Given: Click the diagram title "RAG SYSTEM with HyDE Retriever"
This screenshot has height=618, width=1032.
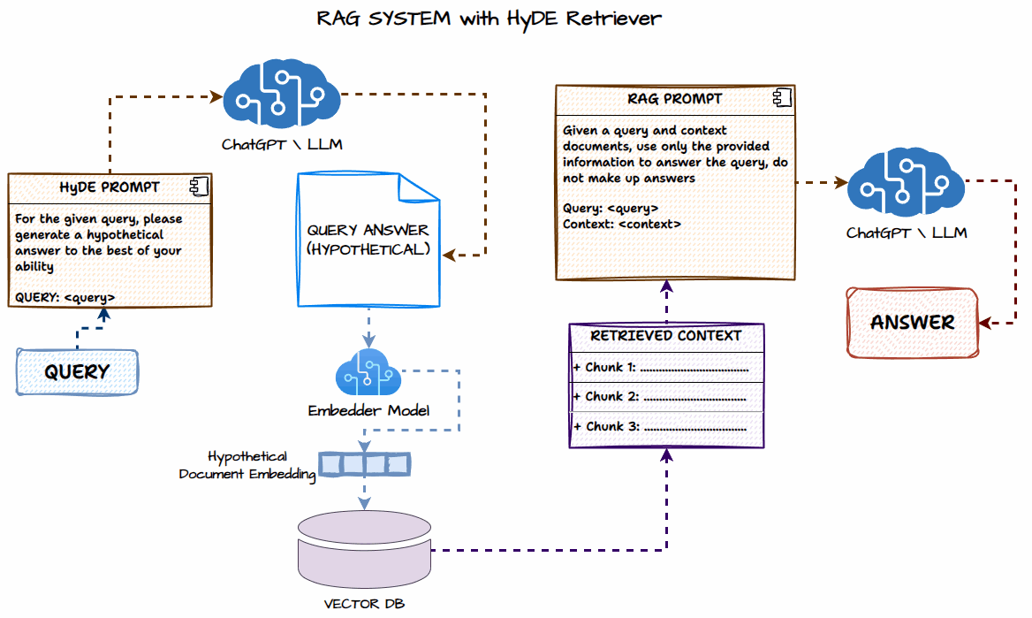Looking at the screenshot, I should click(489, 19).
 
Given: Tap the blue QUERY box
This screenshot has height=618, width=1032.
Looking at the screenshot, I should click(78, 372).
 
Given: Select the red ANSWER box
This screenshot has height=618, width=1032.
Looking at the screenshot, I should click(913, 323).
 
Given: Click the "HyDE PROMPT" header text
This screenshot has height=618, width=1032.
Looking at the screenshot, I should click(110, 187).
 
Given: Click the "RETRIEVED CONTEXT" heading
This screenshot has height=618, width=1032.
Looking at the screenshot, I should click(666, 336).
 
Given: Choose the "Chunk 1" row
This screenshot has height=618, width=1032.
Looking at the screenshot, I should click(666, 368).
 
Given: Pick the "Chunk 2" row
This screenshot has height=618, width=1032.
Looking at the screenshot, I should click(666, 397).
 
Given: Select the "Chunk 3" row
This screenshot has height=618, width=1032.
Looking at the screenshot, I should click(666, 427).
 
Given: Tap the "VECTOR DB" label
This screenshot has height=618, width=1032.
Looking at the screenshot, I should click(364, 604).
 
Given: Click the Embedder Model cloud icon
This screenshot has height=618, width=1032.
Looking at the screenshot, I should click(368, 372).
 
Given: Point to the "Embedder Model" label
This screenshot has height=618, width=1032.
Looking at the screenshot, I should click(368, 411).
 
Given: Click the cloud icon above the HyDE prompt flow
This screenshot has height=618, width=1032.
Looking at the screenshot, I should click(282, 94).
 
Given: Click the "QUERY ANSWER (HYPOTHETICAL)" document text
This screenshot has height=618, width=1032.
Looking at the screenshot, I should click(368, 240).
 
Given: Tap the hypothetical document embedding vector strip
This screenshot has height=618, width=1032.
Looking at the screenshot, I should click(365, 464).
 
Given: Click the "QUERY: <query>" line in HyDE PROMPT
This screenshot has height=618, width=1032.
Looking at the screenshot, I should click(65, 297).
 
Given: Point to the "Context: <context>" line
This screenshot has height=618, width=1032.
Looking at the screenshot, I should click(622, 225).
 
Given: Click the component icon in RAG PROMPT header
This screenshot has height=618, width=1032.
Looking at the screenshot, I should click(782, 98).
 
